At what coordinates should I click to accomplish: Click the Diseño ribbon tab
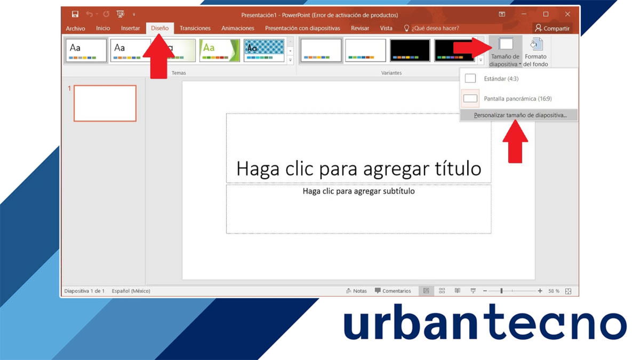click(159, 28)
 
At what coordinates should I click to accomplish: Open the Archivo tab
click(75, 28)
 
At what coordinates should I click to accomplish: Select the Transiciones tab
click(195, 28)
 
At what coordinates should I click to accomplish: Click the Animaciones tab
click(237, 28)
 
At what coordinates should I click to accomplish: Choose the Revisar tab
click(360, 28)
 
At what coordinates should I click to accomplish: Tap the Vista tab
click(386, 28)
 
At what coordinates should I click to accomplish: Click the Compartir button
click(552, 28)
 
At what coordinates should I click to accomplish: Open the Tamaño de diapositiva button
click(505, 52)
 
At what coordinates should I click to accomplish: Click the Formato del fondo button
click(535, 52)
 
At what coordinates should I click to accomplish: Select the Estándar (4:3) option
click(501, 79)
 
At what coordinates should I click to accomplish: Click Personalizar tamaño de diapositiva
click(519, 115)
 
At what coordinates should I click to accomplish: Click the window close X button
click(567, 14)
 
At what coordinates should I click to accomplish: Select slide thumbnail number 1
click(105, 103)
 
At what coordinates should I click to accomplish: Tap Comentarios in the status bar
click(393, 291)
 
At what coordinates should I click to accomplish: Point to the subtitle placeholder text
click(358, 191)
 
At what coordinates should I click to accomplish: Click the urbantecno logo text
click(484, 325)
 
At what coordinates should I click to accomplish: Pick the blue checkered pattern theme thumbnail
click(264, 51)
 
